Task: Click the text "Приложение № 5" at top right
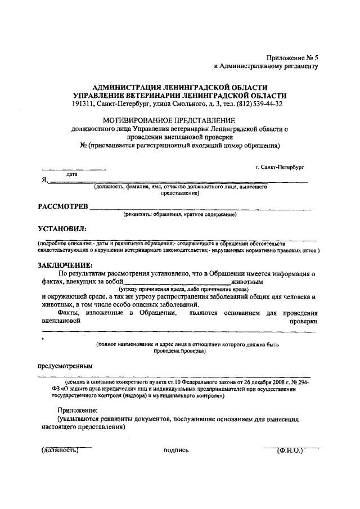click(x=292, y=57)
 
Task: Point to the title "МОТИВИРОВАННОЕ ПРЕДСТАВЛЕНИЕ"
click(x=169, y=120)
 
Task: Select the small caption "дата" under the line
click(x=72, y=174)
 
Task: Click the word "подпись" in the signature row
click(x=176, y=451)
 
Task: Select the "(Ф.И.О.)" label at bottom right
click(x=290, y=450)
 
